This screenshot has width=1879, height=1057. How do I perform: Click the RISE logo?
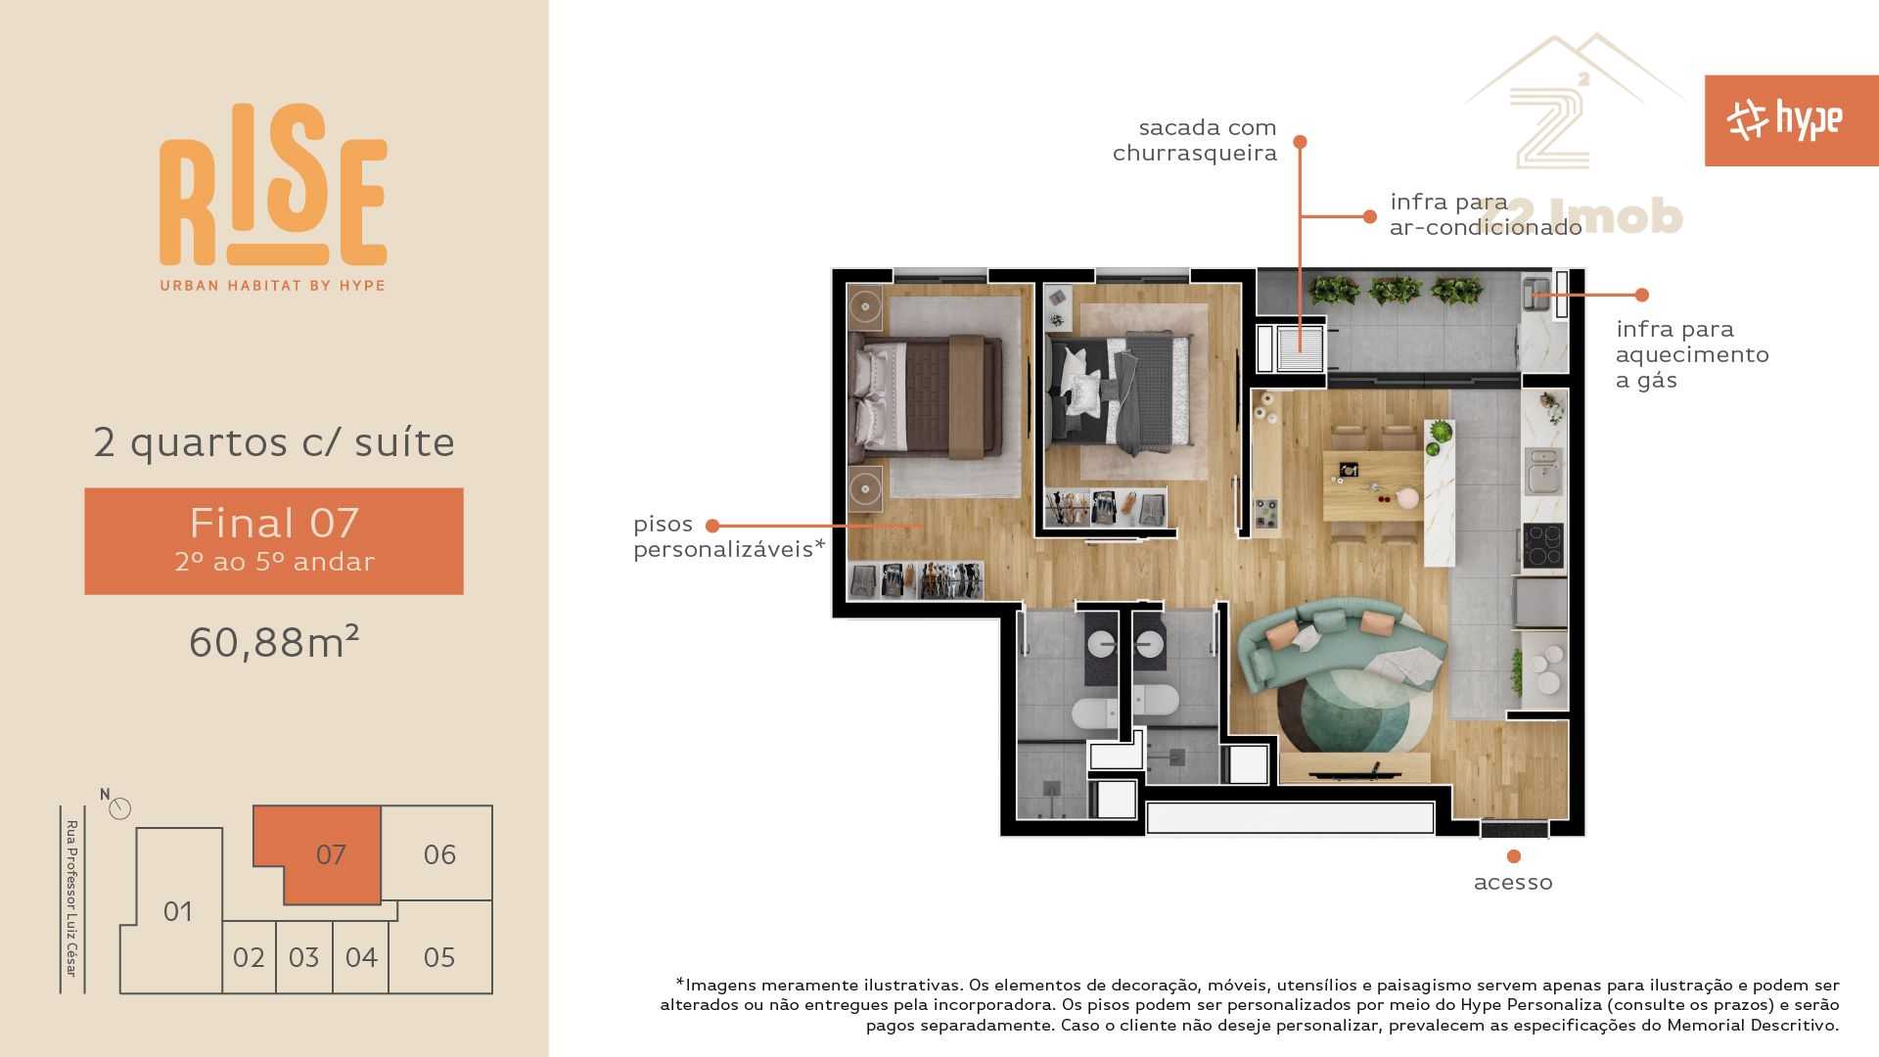(273, 197)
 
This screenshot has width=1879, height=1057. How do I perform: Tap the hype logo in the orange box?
(1784, 120)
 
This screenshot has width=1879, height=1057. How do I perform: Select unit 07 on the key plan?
(331, 854)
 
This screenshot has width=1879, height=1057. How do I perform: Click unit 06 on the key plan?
(439, 854)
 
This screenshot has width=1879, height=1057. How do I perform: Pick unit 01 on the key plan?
(177, 911)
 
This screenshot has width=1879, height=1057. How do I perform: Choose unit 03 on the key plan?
(303, 957)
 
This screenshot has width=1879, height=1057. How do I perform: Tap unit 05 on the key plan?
(439, 956)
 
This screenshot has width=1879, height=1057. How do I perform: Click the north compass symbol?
(119, 808)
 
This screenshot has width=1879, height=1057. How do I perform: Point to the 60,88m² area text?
(274, 642)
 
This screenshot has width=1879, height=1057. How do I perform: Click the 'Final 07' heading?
(274, 524)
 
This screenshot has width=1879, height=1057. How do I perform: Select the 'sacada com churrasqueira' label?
(1194, 140)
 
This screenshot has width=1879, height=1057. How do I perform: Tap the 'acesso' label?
(1513, 883)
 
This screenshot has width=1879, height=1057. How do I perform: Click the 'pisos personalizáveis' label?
(729, 536)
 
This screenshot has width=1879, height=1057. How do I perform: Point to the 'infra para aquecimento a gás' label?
(1692, 354)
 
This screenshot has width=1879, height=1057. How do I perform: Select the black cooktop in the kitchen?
(1542, 546)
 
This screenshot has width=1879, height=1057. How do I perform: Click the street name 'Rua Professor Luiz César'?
(71, 898)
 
